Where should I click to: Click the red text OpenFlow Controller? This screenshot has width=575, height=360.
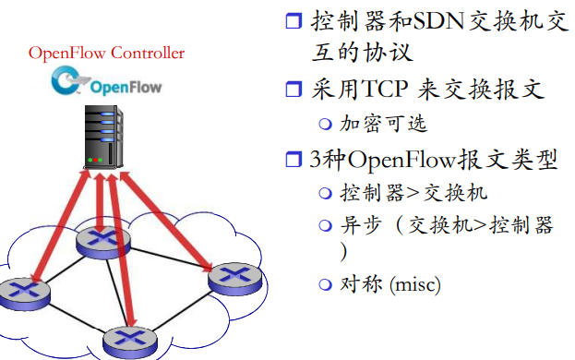[106, 53]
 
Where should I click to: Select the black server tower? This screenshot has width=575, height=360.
[105, 139]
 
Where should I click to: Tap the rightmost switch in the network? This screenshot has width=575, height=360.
[232, 277]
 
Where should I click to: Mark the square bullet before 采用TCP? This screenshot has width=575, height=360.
[293, 90]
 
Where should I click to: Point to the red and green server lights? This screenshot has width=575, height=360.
[94, 161]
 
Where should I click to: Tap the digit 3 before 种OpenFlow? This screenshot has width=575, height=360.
[317, 160]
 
